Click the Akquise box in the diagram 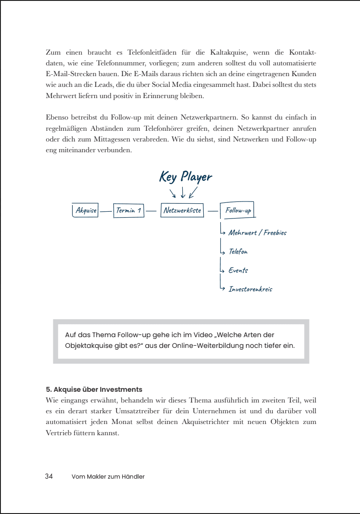[85, 210]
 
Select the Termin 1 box [129, 210]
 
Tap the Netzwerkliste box [182, 210]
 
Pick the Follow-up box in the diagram [238, 210]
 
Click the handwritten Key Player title [185, 176]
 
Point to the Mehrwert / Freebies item [257, 232]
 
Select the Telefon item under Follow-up [238, 252]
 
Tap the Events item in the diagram [238, 270]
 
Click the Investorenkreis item [250, 289]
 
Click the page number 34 [49, 476]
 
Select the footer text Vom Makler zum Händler [108, 477]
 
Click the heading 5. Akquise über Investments [94, 390]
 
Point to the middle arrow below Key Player [183, 192]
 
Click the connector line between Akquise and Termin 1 [106, 211]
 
